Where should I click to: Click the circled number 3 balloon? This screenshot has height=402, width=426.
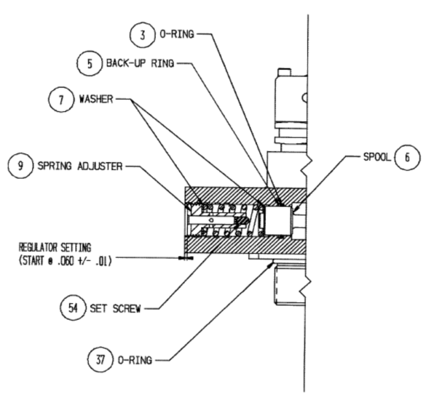143,35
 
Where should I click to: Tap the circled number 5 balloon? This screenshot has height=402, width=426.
90,63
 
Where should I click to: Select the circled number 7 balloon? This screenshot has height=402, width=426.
61,100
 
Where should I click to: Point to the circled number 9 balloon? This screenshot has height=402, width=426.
21,166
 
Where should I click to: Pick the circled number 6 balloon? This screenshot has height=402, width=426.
407,157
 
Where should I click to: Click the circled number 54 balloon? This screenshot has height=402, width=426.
73,308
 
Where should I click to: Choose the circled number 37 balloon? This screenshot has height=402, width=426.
100,360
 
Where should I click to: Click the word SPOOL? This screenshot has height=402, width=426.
377,157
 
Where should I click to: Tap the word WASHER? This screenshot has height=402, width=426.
96,99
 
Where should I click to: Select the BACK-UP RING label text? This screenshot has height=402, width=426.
140,63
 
